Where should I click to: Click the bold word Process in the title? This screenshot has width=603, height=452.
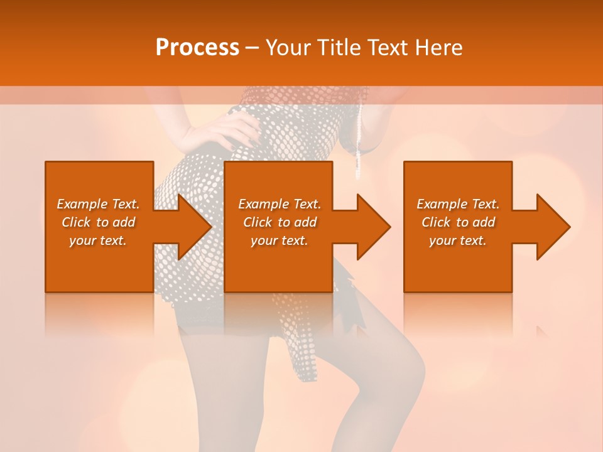pos(197,48)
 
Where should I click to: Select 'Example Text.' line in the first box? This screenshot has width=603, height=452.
pos(99,204)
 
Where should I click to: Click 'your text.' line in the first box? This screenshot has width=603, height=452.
pos(99,240)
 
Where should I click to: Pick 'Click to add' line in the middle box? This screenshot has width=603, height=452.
pos(280,222)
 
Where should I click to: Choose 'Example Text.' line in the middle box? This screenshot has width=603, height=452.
pos(280,204)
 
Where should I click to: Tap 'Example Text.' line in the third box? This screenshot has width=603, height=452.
pos(458,204)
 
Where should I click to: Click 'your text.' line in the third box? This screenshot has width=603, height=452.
pos(458,240)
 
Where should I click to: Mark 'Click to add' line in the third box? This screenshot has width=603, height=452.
pos(458,222)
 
